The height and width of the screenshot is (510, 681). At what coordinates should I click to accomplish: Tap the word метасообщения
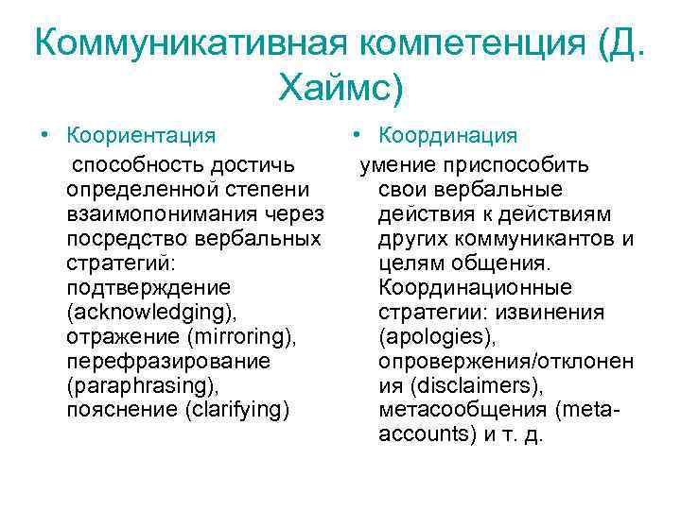[x=462, y=410]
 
